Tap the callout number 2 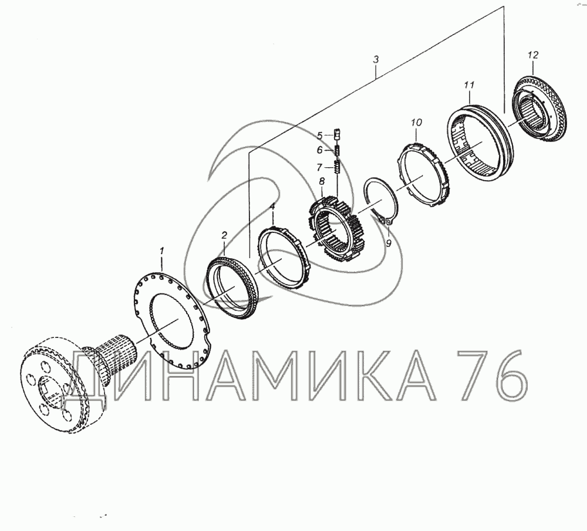click(x=224, y=235)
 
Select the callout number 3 click(x=376, y=59)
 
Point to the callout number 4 click(x=272, y=206)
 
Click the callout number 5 click(x=319, y=136)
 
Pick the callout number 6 click(x=319, y=150)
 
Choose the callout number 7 click(x=319, y=167)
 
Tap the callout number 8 click(x=322, y=182)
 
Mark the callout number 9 click(x=388, y=243)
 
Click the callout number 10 click(x=416, y=123)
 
